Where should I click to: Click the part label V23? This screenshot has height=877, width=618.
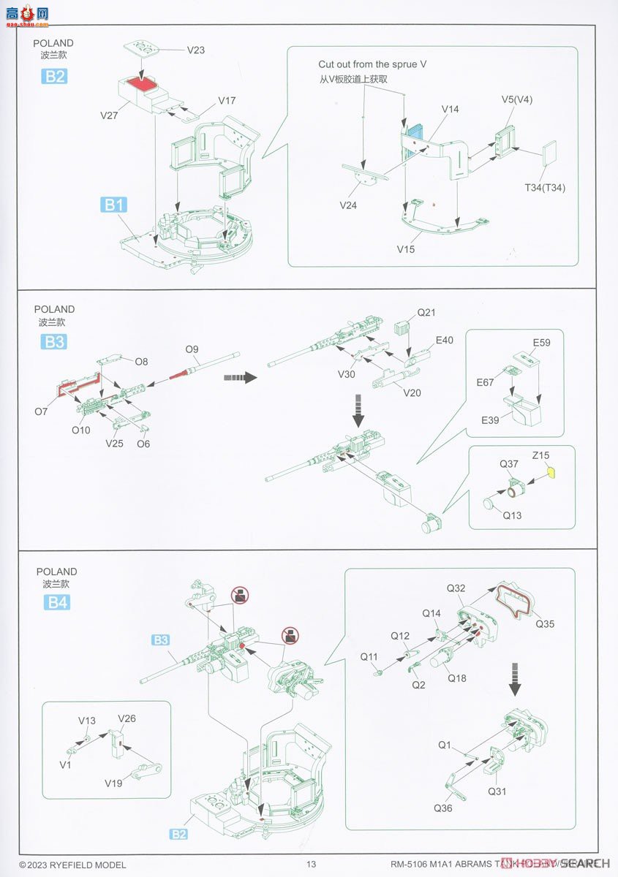tap(196, 50)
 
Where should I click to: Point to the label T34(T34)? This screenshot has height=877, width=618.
tap(545, 188)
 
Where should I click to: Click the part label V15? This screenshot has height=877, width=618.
tap(406, 249)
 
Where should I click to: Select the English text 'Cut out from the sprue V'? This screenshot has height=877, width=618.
tap(372, 64)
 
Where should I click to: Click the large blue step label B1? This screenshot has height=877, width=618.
tap(113, 205)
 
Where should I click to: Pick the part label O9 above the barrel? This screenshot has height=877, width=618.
tap(192, 349)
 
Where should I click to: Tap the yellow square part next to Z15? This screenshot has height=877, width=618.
tap(552, 471)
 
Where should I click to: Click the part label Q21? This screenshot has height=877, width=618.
tap(426, 313)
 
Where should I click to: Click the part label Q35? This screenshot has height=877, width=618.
tap(545, 624)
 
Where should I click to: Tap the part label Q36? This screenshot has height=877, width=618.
tap(443, 808)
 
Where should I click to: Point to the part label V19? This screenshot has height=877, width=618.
tap(113, 783)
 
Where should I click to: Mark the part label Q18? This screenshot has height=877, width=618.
tap(457, 678)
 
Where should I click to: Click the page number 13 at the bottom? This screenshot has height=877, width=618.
tap(311, 865)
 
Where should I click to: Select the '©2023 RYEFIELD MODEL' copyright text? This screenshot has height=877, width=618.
tap(72, 865)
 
